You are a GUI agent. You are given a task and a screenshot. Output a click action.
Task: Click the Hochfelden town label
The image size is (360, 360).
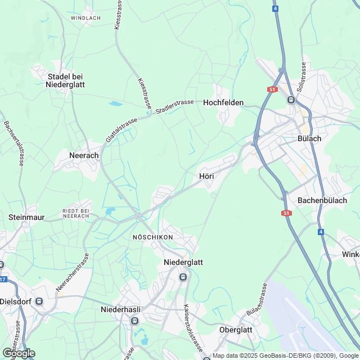(x=223, y=102)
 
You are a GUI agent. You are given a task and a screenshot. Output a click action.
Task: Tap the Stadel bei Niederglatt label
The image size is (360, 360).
(x=65, y=80)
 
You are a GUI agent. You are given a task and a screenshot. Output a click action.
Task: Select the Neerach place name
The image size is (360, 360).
(x=83, y=155)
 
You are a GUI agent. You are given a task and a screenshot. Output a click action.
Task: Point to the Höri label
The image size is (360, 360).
(x=206, y=176)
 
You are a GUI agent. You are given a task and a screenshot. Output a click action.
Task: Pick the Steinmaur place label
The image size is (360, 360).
(x=26, y=217)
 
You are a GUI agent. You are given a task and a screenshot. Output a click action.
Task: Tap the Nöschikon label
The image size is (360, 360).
(x=152, y=237)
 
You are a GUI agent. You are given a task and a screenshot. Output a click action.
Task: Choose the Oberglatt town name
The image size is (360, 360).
(x=236, y=330)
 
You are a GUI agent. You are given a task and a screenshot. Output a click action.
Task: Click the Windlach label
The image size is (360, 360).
(x=85, y=18)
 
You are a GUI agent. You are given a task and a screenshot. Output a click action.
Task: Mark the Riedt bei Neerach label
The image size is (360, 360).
(x=76, y=213)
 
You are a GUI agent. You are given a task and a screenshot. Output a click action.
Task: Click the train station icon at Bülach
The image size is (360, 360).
(x=291, y=100)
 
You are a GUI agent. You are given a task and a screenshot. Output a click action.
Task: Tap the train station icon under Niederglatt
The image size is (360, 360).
(x=183, y=277)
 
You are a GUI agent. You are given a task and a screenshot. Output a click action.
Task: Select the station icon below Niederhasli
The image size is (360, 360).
(x=134, y=321)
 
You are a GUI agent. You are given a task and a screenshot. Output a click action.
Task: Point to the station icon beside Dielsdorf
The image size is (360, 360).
(x=39, y=300)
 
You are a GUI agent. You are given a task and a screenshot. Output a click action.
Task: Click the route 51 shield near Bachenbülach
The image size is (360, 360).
(x=287, y=213)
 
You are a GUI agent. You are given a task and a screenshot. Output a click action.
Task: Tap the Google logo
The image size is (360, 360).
(x=18, y=353)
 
